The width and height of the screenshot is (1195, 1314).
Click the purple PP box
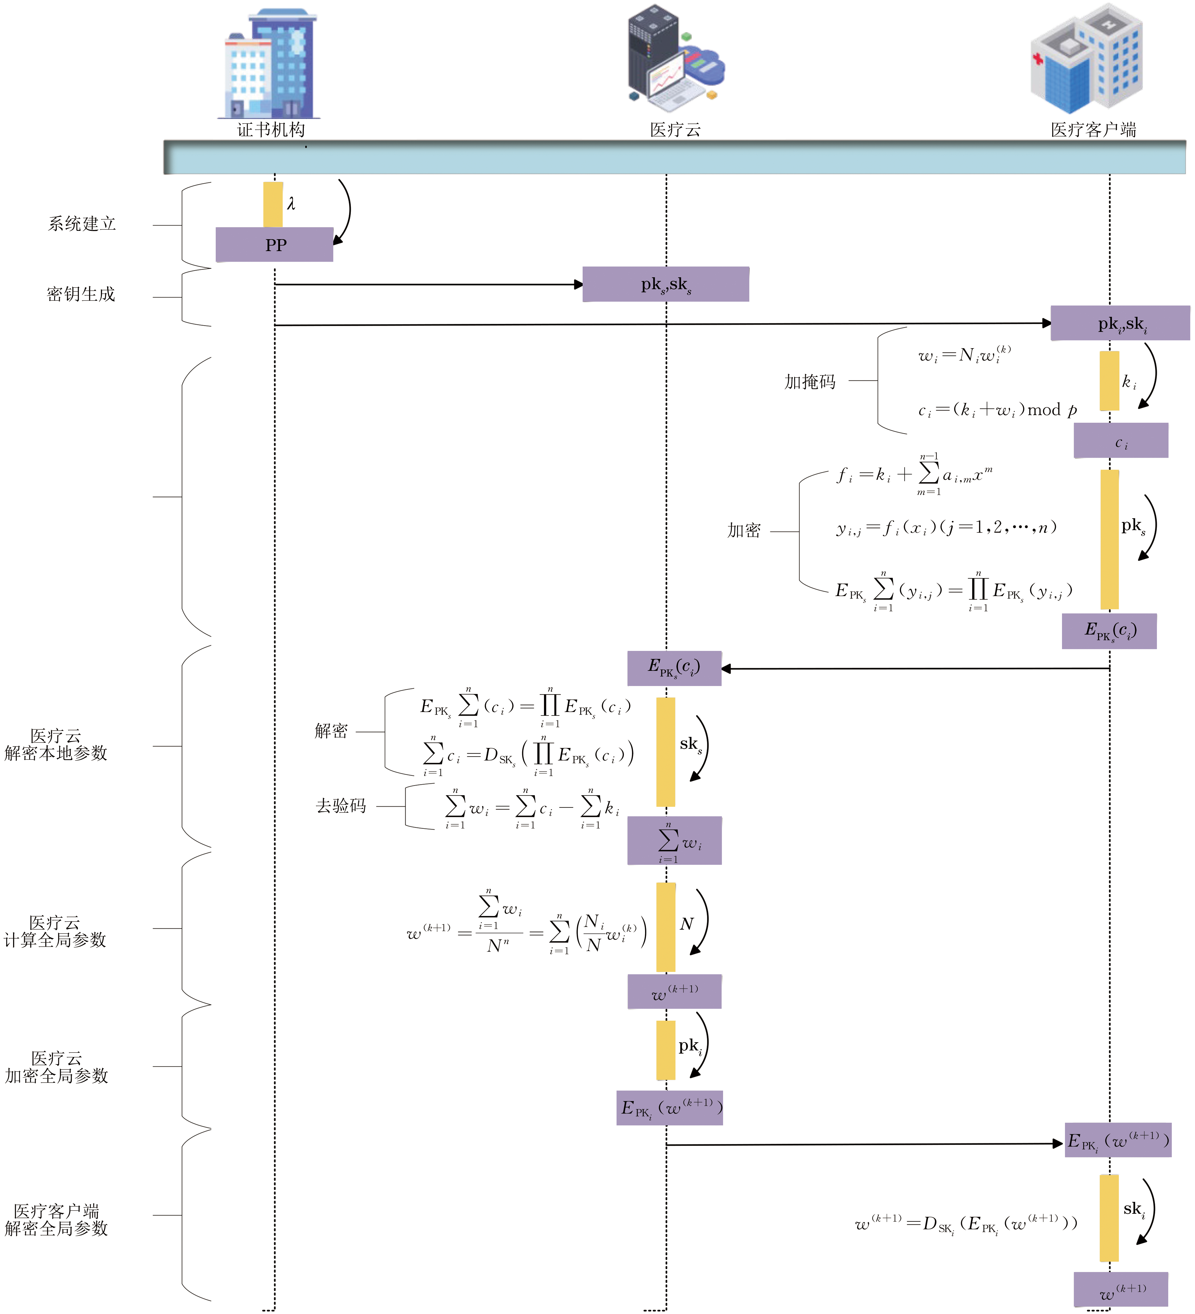[x=274, y=245]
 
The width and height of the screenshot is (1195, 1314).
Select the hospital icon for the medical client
[x=1087, y=59]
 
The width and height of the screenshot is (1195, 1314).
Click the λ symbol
[x=291, y=204]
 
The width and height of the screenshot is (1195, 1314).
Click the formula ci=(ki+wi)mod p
[x=997, y=410]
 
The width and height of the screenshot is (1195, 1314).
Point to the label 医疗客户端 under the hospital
[x=1093, y=130]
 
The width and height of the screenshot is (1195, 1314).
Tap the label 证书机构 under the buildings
[x=270, y=130]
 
